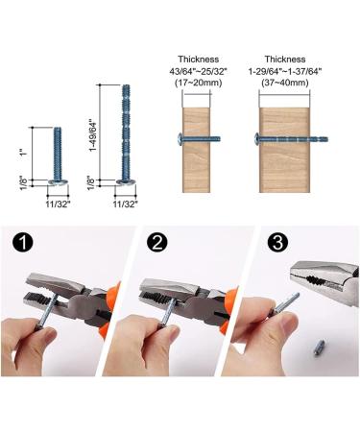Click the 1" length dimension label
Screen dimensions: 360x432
point(23,153)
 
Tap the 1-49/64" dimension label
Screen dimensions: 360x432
point(93,135)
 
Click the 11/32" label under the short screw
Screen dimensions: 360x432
point(58,204)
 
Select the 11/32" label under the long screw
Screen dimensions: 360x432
point(126,204)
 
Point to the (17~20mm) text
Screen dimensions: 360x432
point(199,83)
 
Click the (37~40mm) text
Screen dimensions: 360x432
point(285,83)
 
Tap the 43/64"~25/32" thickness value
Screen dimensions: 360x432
point(199,71)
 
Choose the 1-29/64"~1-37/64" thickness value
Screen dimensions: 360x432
point(285,71)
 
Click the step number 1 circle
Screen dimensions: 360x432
point(23,243)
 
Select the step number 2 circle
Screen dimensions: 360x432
point(157,243)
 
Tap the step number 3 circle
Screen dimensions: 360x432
point(277,242)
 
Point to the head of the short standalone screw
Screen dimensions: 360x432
point(58,182)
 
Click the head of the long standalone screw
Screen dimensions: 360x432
point(126,182)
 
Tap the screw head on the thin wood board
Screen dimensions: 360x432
point(180,139)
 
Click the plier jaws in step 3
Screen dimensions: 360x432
point(324,277)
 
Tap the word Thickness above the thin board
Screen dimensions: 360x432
point(199,60)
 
